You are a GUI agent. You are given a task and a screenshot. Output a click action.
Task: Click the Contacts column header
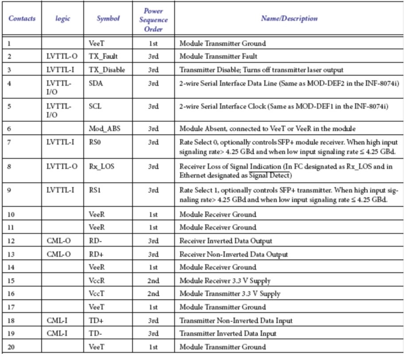(22, 19)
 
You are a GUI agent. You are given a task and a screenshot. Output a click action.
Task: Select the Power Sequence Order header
(153, 19)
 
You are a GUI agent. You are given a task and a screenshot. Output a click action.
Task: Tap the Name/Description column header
(289, 19)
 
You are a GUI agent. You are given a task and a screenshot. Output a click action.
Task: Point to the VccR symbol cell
(97, 281)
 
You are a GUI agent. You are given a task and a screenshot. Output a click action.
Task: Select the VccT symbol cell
(97, 294)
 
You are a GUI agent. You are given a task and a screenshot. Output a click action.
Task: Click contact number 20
(12, 347)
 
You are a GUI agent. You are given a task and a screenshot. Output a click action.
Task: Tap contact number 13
(12, 254)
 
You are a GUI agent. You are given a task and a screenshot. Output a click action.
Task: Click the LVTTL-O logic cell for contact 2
(62, 57)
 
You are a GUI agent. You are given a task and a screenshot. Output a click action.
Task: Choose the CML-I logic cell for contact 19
(58, 334)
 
